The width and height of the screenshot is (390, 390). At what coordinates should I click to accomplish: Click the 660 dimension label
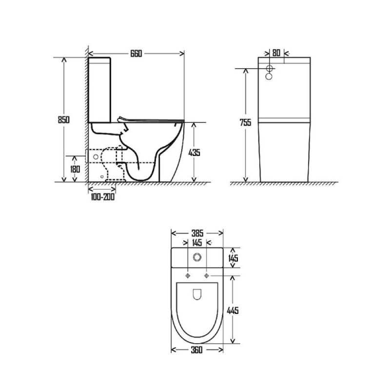click(x=136, y=54)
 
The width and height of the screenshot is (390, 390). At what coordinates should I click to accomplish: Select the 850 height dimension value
click(x=64, y=119)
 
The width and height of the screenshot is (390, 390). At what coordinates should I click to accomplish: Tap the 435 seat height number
click(x=194, y=153)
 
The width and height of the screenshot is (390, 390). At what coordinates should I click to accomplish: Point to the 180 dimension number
click(x=75, y=169)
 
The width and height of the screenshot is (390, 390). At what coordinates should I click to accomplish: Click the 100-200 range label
click(x=103, y=197)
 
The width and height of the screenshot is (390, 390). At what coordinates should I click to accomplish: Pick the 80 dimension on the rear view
click(x=276, y=53)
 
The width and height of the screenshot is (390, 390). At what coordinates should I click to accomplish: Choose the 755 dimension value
click(x=245, y=122)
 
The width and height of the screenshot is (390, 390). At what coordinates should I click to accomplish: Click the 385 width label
click(x=197, y=233)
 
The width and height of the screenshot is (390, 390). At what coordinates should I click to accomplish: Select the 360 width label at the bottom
click(x=197, y=350)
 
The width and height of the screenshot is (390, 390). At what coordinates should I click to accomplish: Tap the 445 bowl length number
click(x=233, y=311)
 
